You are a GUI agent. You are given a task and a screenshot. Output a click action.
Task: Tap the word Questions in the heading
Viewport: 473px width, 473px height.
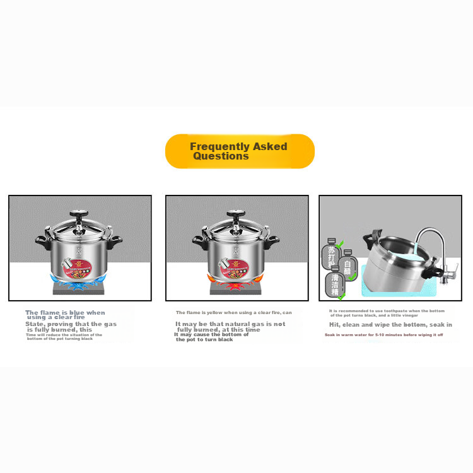pos(221,156)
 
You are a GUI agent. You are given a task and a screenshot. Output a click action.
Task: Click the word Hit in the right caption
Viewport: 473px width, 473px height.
pos(334,324)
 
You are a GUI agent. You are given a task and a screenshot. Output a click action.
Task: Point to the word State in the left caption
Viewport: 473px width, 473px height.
pos(35,324)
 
